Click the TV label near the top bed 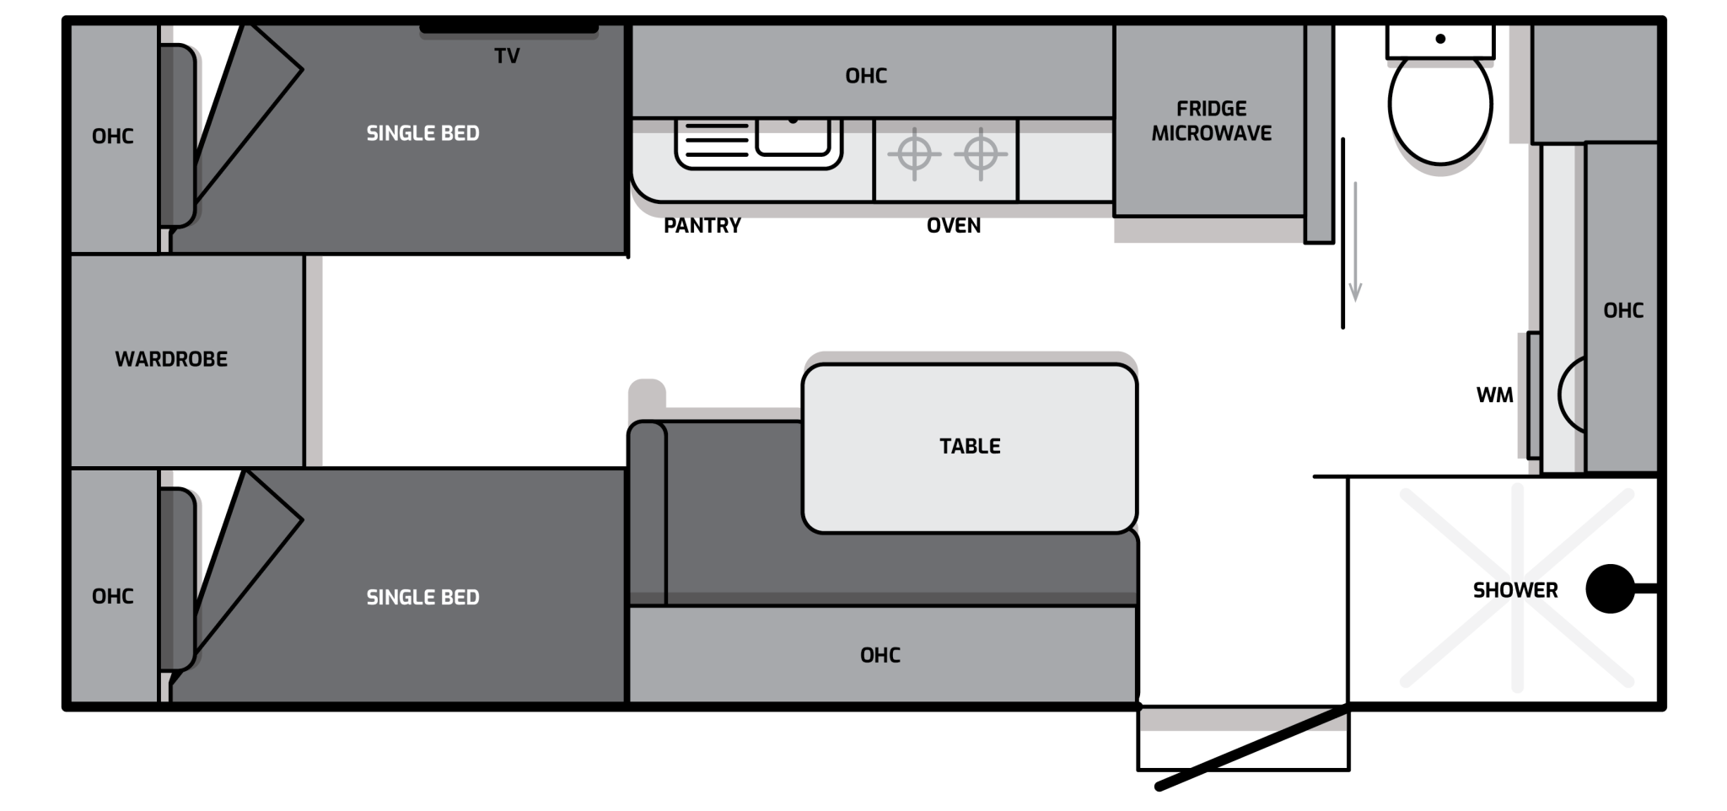tap(507, 56)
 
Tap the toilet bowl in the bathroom tap(1440, 105)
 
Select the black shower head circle tap(1610, 588)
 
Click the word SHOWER tap(1515, 590)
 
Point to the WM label tap(1494, 395)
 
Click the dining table tap(970, 448)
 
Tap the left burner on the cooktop tap(914, 154)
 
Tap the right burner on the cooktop tap(981, 154)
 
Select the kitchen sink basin tap(793, 137)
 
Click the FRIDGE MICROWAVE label tap(1211, 121)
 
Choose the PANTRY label tap(702, 225)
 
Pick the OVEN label tap(954, 225)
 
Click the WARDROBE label tap(171, 359)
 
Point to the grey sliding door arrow tap(1355, 241)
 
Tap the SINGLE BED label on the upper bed tap(422, 133)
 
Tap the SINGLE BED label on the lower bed tap(422, 598)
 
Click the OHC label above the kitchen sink tap(866, 76)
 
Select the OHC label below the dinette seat tap(880, 655)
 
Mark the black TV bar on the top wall tap(509, 30)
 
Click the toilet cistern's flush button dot tap(1440, 39)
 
